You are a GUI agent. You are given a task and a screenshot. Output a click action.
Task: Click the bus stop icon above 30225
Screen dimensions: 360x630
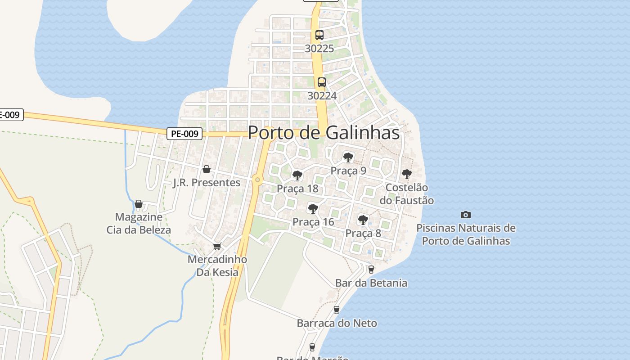[x=319, y=35]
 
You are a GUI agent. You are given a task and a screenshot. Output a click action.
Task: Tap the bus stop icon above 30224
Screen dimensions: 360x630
[x=322, y=82]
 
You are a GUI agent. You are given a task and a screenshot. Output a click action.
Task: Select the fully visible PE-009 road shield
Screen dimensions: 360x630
[x=184, y=134]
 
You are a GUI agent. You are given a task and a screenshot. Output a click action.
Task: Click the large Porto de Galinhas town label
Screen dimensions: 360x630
[x=324, y=133]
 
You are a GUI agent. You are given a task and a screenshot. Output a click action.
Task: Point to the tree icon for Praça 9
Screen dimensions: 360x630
[x=348, y=157]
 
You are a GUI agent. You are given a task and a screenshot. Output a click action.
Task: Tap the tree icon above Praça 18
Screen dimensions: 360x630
[x=297, y=175]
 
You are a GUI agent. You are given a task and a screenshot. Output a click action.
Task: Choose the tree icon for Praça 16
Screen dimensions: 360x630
[x=313, y=208]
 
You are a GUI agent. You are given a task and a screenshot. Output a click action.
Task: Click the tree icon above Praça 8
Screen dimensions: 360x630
[x=363, y=220]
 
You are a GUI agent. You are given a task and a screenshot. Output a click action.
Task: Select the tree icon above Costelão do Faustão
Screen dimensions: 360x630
[x=407, y=174]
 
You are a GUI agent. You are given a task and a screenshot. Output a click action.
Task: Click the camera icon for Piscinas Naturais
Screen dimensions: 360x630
[x=466, y=215]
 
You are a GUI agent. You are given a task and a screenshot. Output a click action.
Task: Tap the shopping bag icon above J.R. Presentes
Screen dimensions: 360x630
[x=207, y=169]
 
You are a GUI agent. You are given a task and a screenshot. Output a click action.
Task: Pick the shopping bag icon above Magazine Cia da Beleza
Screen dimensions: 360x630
[x=139, y=204]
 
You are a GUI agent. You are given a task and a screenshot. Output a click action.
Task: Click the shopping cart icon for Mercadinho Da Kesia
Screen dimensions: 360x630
[x=217, y=246]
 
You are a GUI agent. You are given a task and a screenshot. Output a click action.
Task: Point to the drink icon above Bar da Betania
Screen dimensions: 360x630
[x=371, y=270]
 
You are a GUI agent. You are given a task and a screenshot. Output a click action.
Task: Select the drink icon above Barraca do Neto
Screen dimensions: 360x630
[x=337, y=310]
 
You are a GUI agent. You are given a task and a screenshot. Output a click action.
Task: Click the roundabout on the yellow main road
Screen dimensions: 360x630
[x=257, y=180]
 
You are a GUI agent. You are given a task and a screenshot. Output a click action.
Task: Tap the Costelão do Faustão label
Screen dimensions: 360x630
[x=407, y=194]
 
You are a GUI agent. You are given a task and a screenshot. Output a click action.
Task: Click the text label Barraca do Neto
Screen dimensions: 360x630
[x=337, y=323]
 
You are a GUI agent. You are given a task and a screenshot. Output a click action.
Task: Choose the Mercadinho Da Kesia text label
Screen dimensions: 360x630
[x=217, y=266]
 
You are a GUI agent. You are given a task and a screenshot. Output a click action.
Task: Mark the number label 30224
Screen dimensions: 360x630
[x=322, y=95]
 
